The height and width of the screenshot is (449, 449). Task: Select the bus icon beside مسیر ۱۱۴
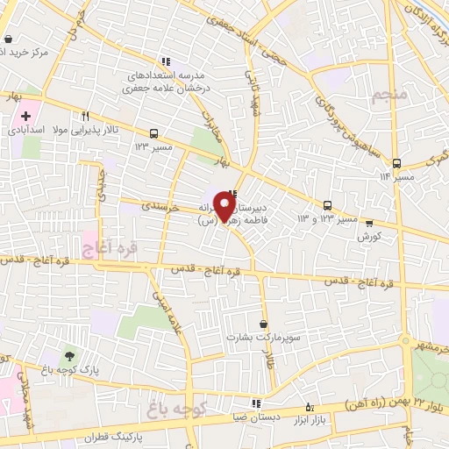click(x=396, y=163)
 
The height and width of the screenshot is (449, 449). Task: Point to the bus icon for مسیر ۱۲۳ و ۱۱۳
click(x=327, y=203)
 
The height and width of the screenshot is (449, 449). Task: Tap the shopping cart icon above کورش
click(x=369, y=223)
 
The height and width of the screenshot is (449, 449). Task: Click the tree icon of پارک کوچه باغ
click(x=68, y=356)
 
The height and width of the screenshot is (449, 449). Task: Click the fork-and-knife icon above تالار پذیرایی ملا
click(x=85, y=115)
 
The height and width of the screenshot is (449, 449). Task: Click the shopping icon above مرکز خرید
click(x=9, y=39)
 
